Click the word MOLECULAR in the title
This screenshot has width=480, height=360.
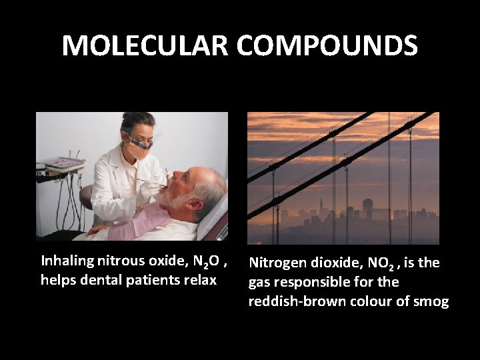coord(145,46)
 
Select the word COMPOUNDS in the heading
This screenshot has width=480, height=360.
coord(327,46)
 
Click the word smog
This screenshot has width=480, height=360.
coord(432,301)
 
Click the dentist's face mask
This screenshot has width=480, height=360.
coord(139,148)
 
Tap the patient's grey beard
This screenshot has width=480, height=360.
coord(179,198)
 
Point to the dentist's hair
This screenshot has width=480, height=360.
coord(138,122)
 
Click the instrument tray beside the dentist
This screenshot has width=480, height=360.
coord(63,163)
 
